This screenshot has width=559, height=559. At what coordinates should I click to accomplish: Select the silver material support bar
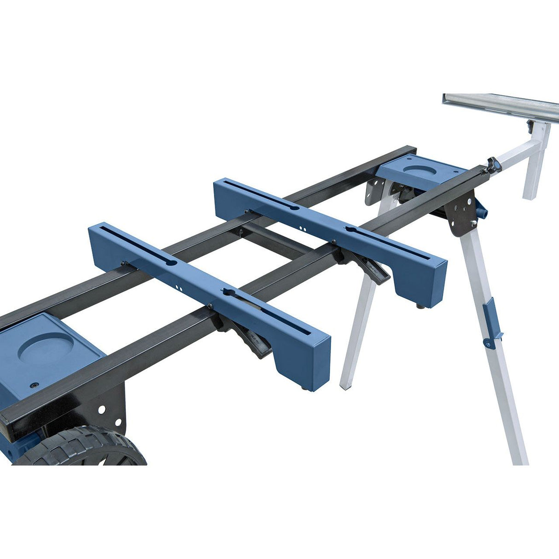(x=502, y=104)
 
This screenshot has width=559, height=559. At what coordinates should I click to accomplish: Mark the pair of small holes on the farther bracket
(x=303, y=228)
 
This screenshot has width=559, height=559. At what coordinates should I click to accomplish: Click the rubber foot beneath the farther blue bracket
(x=420, y=305)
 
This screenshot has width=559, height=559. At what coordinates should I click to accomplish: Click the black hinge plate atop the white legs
(x=460, y=212)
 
